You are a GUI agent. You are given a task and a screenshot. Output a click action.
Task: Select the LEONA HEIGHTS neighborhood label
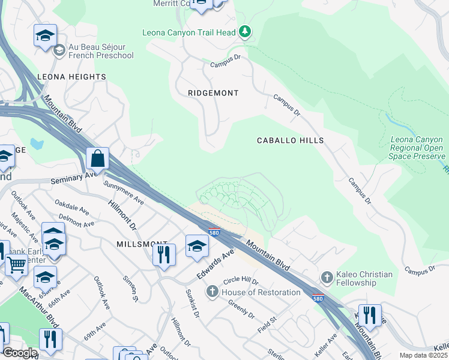coord(71,77)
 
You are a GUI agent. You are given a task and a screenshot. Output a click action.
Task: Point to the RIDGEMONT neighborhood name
coord(213,93)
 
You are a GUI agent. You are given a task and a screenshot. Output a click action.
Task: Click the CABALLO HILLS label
coord(290,140)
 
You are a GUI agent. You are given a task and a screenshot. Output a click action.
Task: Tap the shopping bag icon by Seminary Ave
coord(98,160)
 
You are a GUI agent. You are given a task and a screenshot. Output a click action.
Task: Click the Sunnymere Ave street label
coord(123,191)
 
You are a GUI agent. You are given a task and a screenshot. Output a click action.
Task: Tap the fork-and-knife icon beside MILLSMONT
coord(164,254)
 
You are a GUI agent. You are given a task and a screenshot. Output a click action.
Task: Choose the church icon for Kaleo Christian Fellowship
coord(327,277)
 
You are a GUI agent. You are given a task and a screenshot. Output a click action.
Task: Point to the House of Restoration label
coord(261,292)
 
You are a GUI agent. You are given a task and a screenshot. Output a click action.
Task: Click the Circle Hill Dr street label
coord(240,281)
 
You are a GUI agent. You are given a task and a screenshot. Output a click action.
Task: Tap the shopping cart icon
coord(16,263)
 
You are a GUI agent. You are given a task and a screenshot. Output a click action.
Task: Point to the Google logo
coord(20,353)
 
